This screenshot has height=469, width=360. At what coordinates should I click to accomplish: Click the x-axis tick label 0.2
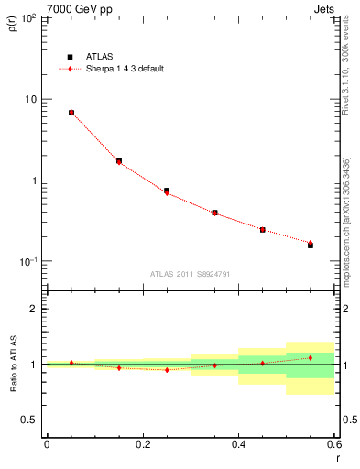point(142,444)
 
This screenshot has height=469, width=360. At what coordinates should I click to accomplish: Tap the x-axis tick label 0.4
point(238,444)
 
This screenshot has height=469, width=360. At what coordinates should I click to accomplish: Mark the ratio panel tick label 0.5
point(30,420)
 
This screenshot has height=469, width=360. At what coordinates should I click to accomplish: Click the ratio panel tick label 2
point(34,309)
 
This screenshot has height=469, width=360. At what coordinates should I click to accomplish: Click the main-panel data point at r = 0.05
point(71,113)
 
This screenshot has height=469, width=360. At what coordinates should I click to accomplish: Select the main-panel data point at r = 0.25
point(167,191)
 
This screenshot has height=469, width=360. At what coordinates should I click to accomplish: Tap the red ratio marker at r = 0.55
point(311,358)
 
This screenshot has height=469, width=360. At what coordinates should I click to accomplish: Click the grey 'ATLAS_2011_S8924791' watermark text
point(190,274)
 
